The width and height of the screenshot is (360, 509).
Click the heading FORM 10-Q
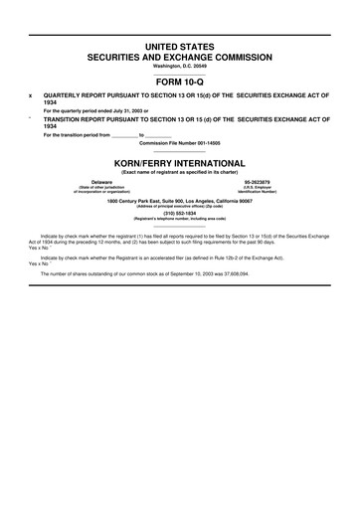coord(180,83)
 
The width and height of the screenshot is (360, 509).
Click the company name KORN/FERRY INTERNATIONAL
coord(180,160)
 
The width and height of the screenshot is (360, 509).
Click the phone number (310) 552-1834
coord(180,211)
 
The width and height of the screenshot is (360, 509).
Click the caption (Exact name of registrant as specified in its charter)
coord(180,172)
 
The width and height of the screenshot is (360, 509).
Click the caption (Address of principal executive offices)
coord(180,205)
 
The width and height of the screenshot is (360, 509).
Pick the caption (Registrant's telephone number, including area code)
coord(180,217)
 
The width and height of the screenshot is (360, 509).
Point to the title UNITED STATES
coord(180,46)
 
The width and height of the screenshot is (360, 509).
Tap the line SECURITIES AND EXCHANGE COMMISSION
coord(180,57)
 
